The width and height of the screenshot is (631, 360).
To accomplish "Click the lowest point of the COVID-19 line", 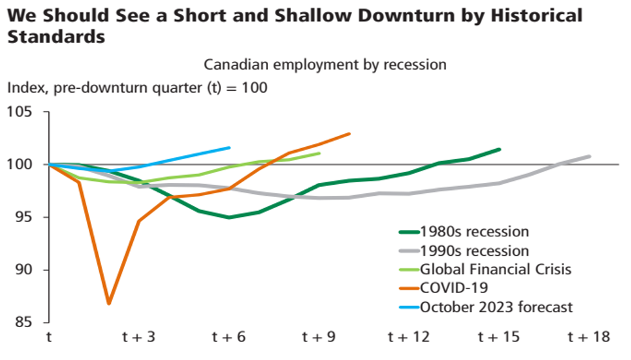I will tap(109, 303).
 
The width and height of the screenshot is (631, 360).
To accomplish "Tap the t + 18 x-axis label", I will tap(588, 337).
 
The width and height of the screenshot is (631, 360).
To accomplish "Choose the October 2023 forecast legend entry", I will tap(496, 307).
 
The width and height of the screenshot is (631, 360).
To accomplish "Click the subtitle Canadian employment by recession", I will tap(325, 64).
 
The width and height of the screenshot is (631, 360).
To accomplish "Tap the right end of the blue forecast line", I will tap(230, 147).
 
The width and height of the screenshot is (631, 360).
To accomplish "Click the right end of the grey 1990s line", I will tap(590, 156).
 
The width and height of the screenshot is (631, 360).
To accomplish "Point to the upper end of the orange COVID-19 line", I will tap(350, 133).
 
